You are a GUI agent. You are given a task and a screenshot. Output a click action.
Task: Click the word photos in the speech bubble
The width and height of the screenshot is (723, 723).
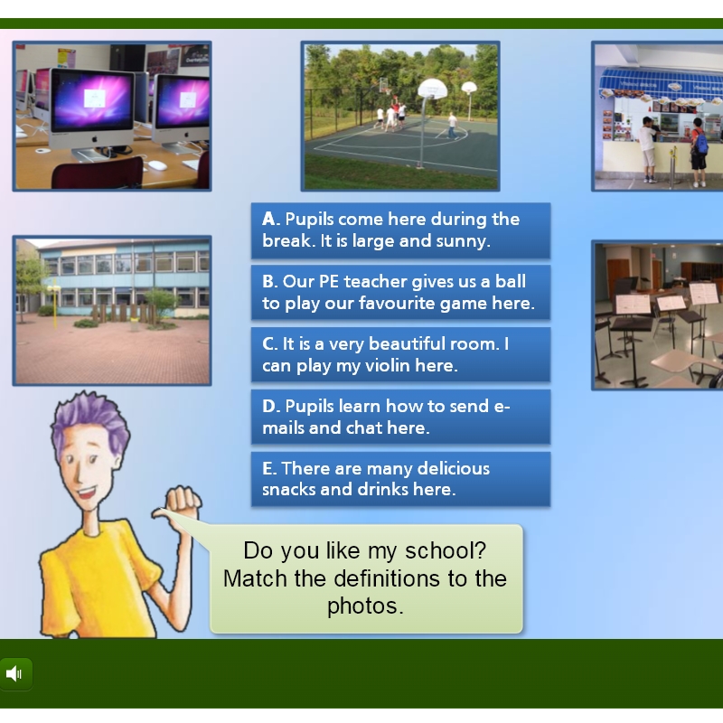tap(365, 606)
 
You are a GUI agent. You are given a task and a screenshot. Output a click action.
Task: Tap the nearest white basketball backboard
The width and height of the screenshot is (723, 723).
tap(433, 88)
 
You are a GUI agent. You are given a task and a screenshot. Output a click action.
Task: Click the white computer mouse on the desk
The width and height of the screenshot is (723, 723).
tap(157, 165)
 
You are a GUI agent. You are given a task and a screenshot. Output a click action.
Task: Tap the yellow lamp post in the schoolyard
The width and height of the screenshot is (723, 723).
tap(54, 305)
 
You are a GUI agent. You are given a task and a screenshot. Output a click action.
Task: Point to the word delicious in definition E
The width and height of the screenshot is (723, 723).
tap(454, 468)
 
